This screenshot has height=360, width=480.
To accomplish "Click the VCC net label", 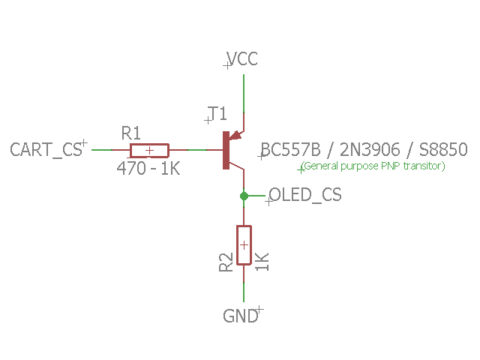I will [243, 59].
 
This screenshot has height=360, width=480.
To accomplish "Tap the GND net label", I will [241, 316].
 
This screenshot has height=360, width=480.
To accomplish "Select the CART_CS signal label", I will [46, 149].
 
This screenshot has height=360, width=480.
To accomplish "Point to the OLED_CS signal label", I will [305, 196].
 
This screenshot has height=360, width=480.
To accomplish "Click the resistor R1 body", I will [149, 150].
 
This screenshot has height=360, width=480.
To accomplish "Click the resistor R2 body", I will [244, 245].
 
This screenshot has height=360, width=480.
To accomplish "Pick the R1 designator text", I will [131, 133].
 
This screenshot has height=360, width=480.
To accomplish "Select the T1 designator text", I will [217, 114].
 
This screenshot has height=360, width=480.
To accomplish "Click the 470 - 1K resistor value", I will [148, 169].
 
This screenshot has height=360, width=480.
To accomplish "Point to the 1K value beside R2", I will [262, 262].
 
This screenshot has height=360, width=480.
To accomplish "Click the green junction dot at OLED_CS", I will [244, 196].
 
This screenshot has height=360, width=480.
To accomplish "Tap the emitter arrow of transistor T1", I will [235, 136].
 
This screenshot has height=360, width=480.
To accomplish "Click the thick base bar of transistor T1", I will [225, 150].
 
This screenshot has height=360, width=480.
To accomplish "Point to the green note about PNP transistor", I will [373, 166].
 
